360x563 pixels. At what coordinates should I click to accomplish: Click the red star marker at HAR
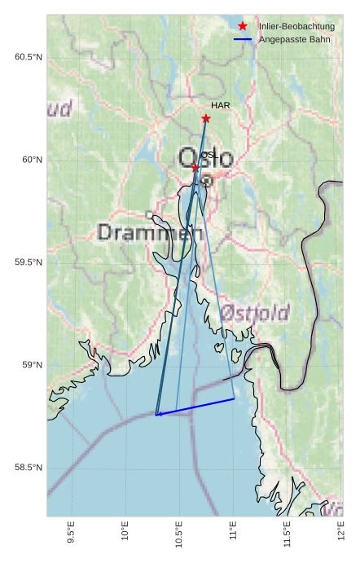206,119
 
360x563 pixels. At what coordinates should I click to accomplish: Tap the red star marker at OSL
195,167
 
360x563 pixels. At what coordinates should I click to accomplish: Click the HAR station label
220,106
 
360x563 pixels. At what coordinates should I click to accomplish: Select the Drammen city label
150,233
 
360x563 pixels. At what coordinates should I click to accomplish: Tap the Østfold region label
255,313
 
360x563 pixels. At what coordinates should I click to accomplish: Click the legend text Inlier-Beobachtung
296,27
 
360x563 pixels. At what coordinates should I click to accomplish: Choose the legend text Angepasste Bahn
294,39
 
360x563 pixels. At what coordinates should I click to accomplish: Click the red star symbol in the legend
242,27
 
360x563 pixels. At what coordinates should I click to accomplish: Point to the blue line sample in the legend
242,39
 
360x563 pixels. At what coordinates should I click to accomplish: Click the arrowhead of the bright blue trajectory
158,415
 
